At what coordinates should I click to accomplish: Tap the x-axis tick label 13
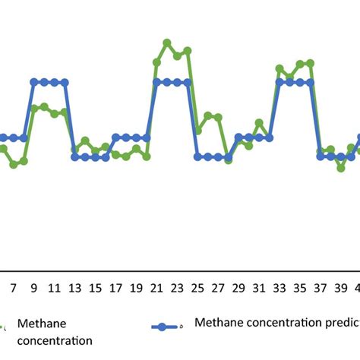point(74,289)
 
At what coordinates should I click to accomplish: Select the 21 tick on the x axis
point(157,289)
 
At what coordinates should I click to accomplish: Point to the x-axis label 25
point(197,289)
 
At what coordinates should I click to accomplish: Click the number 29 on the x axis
point(238,289)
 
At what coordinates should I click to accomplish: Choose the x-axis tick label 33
point(279,289)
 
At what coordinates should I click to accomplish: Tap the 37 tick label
point(321,289)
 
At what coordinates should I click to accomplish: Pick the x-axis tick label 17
point(115,289)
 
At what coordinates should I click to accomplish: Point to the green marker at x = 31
point(259,122)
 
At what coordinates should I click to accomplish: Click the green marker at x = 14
point(85,141)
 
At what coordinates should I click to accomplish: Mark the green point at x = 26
point(208,115)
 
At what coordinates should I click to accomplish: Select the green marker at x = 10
point(44,107)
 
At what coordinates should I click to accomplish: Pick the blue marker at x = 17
point(115,137)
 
